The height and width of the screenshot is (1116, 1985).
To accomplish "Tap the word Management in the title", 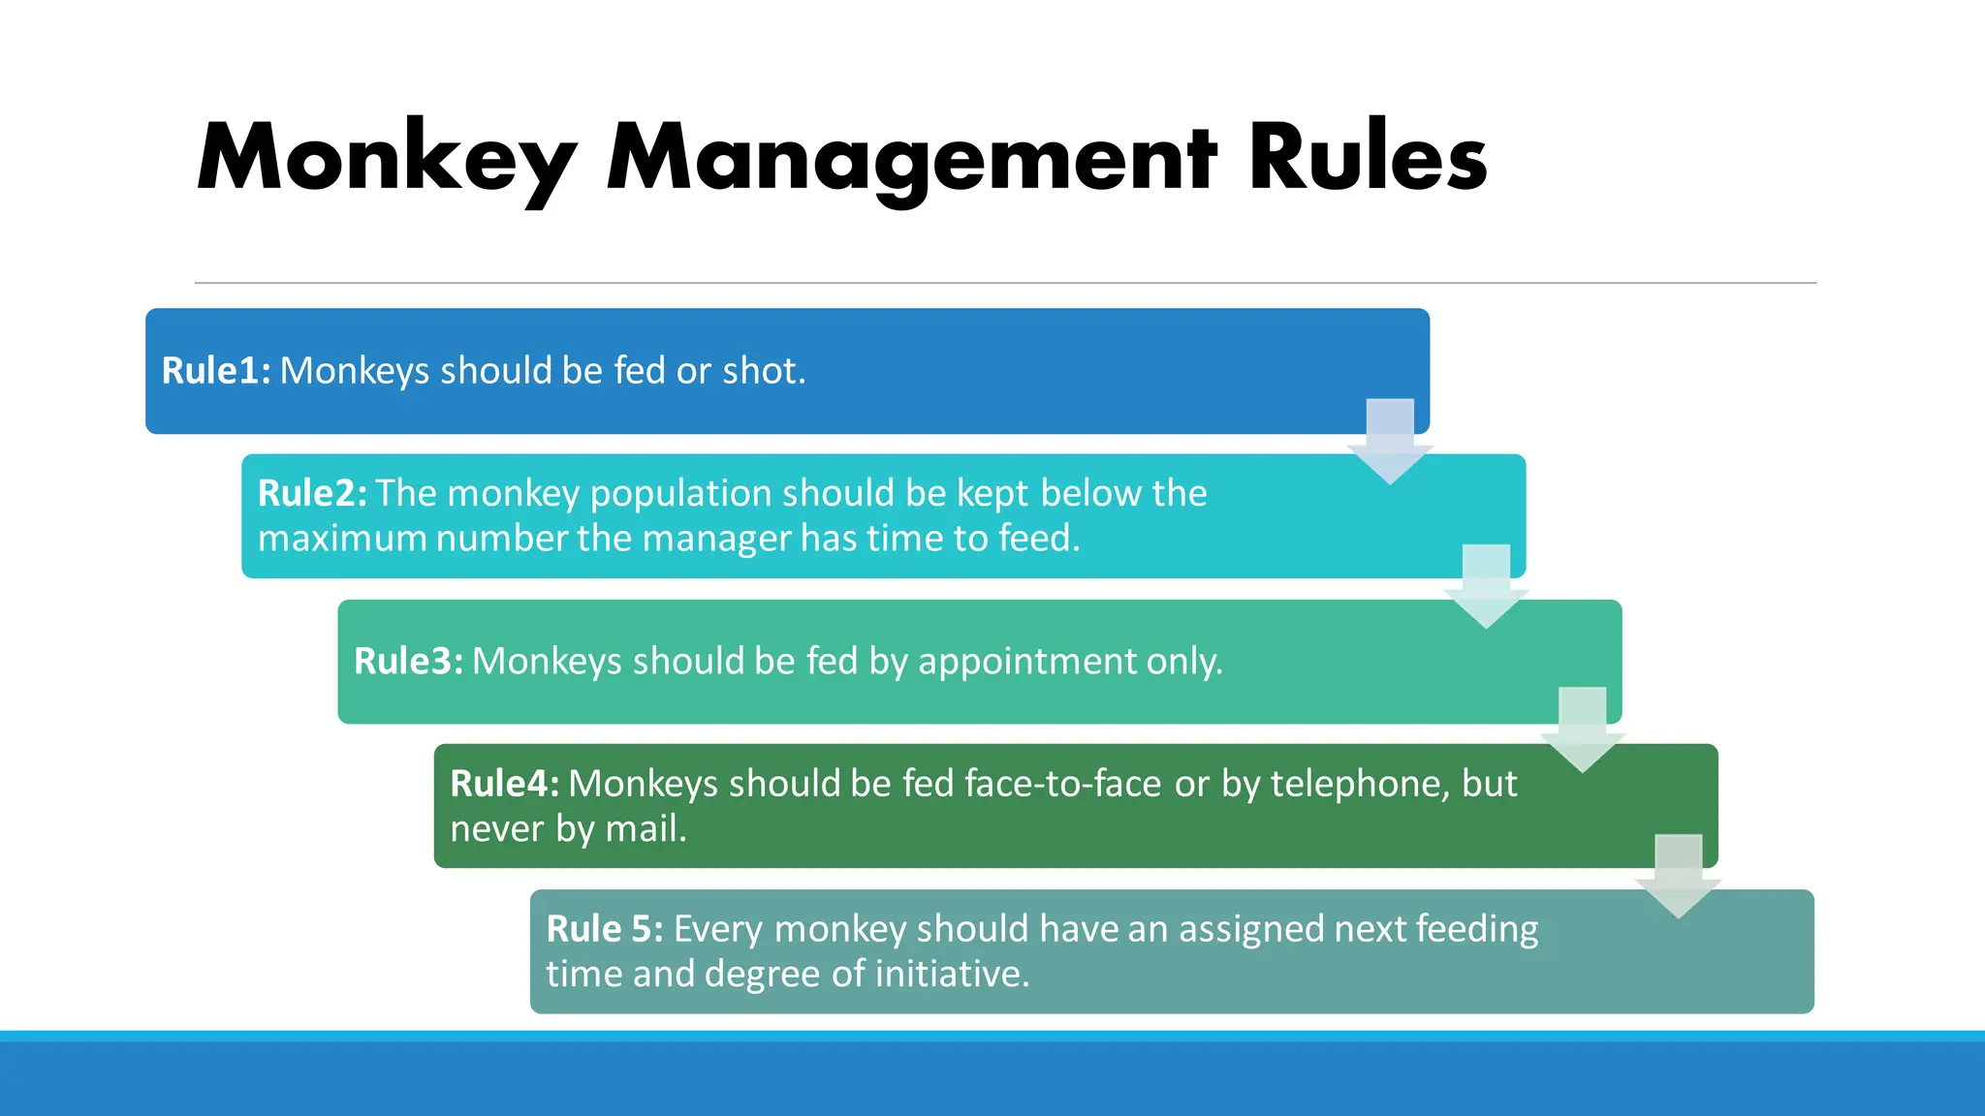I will click(911, 158).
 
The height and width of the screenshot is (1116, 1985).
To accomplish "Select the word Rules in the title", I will click(1367, 158).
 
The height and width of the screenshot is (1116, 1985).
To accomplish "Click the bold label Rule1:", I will click(216, 371).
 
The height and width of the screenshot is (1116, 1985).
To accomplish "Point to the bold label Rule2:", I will click(312, 493).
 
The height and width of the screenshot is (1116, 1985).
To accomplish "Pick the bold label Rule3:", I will click(408, 661).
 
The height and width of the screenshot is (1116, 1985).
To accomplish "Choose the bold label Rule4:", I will click(504, 784).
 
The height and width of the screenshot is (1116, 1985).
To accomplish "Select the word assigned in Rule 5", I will click(1250, 929).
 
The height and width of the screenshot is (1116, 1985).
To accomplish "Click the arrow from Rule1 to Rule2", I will click(1390, 441).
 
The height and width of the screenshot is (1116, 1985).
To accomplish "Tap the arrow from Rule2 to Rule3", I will click(1486, 586).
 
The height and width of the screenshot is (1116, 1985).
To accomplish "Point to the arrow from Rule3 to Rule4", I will click(1582, 729).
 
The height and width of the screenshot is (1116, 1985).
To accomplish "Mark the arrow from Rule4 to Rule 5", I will click(1678, 876).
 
